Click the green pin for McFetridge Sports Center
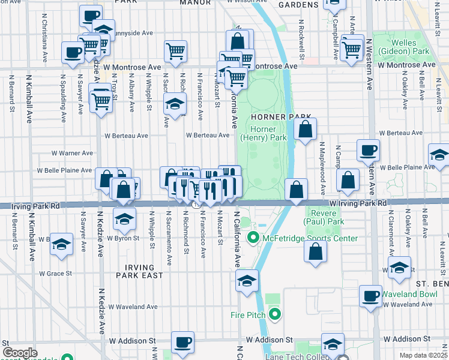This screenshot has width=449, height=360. pyautogui.click(x=253, y=239)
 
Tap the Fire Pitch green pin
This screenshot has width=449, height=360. pyautogui.click(x=275, y=314)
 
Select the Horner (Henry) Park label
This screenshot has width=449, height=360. pyautogui.click(x=263, y=133)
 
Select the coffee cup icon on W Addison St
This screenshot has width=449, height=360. pyautogui.click(x=182, y=343)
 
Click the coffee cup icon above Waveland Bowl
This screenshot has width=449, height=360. pyautogui.click(x=370, y=295)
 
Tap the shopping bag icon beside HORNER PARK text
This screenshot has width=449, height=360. pyautogui.click(x=305, y=129)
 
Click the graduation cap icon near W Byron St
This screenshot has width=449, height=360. pyautogui.click(x=124, y=219)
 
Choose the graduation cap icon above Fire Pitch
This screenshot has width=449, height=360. pyautogui.click(x=247, y=280)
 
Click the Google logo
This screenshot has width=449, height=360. pyautogui.click(x=20, y=353)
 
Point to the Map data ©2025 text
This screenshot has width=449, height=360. pyautogui.click(x=423, y=355)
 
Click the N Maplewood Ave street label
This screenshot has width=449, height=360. pyautogui.click(x=322, y=162)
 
